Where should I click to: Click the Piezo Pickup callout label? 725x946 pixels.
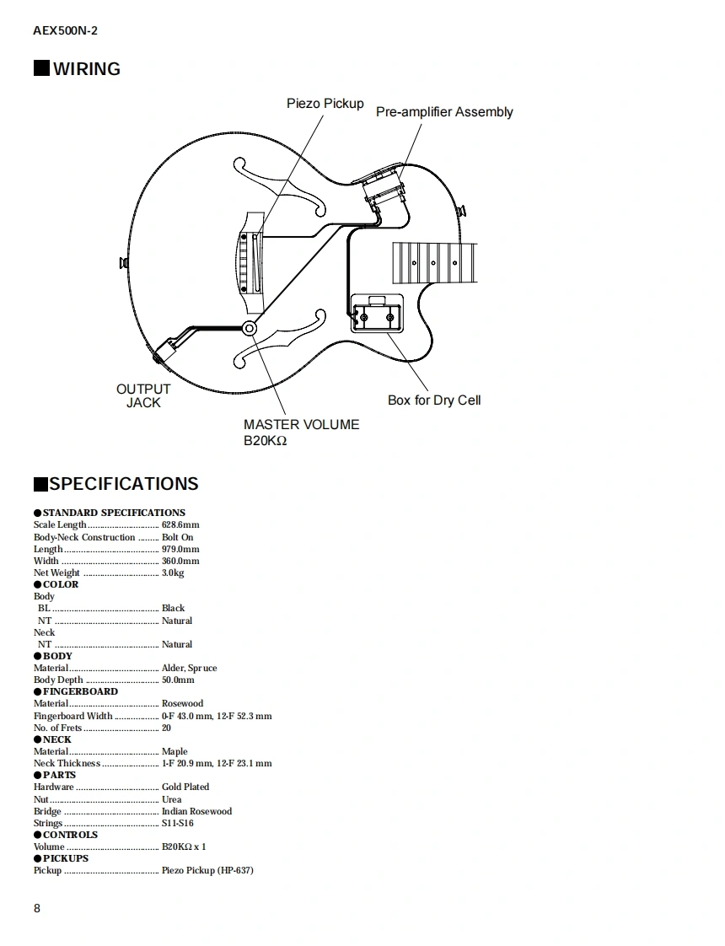(325, 104)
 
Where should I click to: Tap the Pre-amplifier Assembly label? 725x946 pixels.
(443, 112)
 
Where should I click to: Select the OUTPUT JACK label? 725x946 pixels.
(143, 395)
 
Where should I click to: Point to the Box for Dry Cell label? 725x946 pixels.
(434, 400)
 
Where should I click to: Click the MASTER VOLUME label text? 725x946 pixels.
(301, 425)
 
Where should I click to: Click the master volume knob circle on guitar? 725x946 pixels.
(250, 328)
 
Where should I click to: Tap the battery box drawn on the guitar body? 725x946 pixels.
(376, 314)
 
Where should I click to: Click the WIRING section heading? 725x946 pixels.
(86, 69)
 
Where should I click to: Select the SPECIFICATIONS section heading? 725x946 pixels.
(123, 484)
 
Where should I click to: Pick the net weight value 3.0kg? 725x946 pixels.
(173, 572)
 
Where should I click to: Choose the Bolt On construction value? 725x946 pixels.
(177, 537)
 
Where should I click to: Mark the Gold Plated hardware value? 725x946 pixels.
(185, 787)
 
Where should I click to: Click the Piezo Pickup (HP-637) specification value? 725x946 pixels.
(207, 870)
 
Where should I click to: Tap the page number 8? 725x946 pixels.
(37, 908)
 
